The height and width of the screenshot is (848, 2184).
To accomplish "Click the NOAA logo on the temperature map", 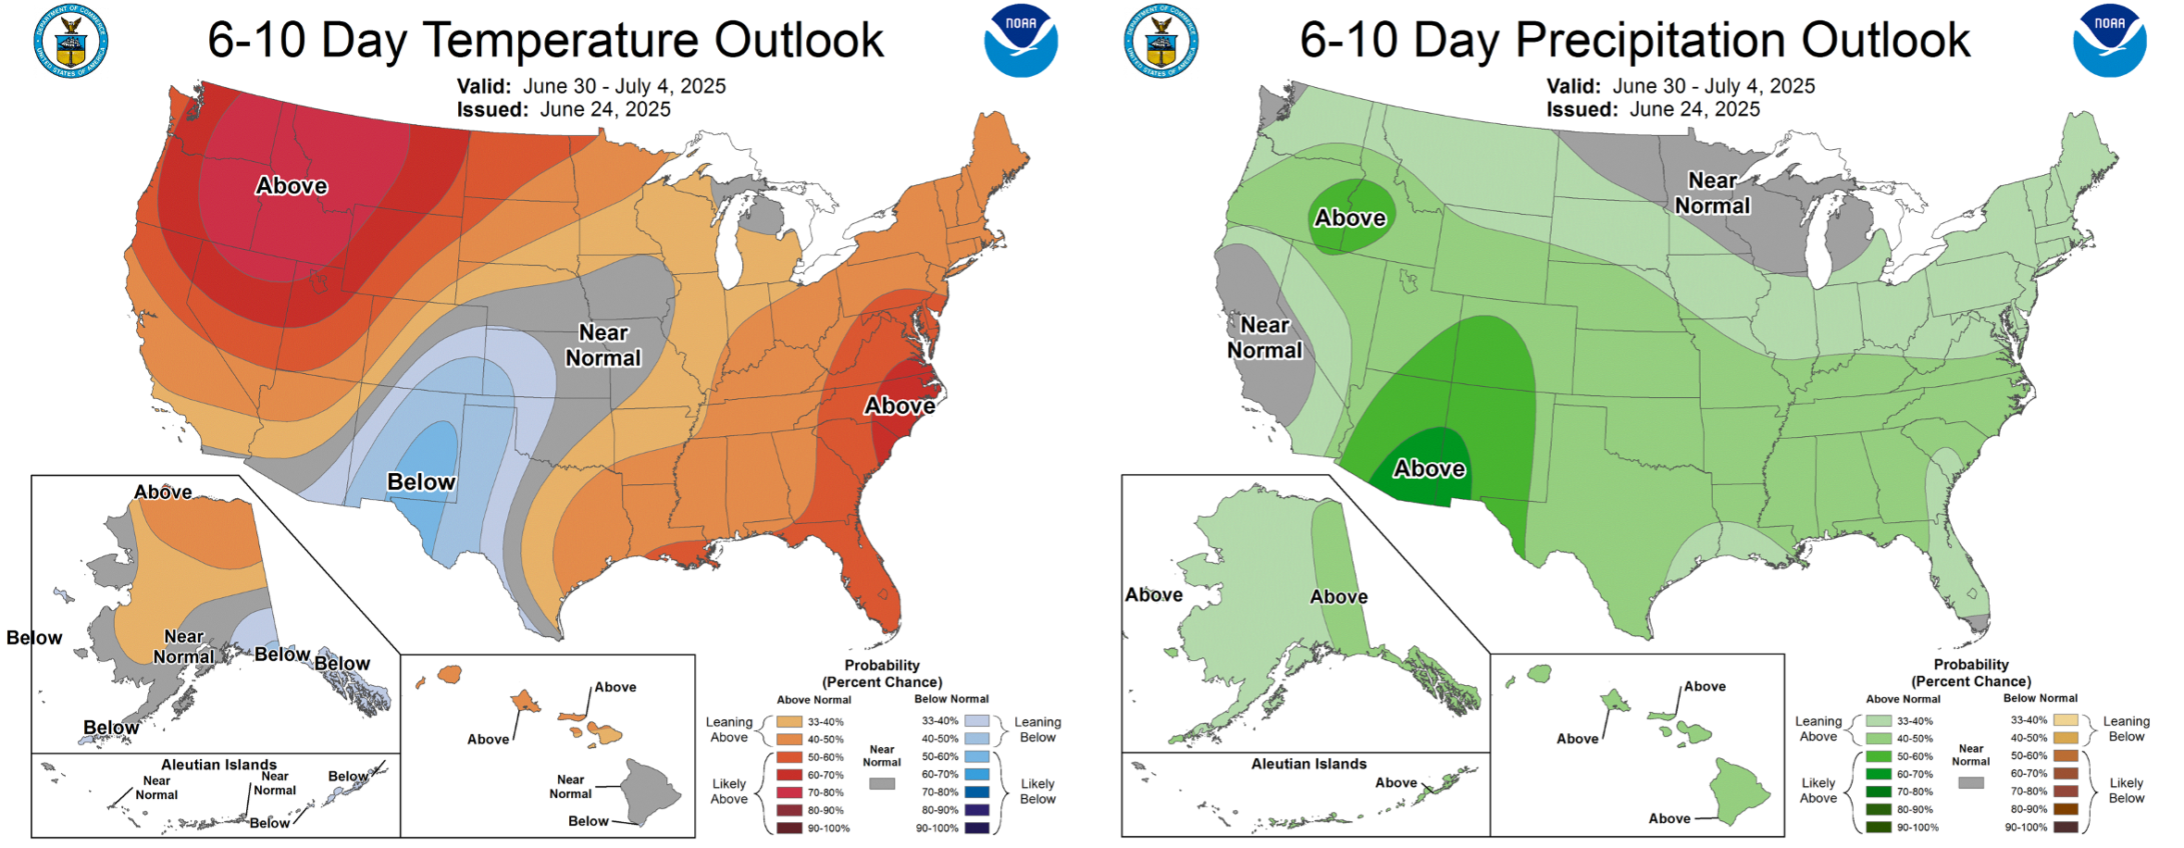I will pyautogui.click(x=1021, y=41).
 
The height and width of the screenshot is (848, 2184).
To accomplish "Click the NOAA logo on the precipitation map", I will pyautogui.click(x=2109, y=41).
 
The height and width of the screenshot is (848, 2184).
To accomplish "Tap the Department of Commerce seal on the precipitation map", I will pyautogui.click(x=1161, y=41).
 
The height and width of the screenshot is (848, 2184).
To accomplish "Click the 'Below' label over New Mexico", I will pyautogui.click(x=421, y=482).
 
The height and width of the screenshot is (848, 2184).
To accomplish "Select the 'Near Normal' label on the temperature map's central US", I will pyautogui.click(x=603, y=345).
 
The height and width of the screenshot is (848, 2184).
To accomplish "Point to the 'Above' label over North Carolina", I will pyautogui.click(x=900, y=406).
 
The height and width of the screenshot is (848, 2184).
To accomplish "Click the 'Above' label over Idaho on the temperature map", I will pyautogui.click(x=292, y=186).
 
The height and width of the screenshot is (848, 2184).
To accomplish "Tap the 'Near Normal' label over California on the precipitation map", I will pyautogui.click(x=1264, y=338).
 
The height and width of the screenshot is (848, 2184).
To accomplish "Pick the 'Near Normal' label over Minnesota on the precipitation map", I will pyautogui.click(x=1712, y=193).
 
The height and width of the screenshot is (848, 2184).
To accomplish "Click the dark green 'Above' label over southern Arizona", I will pyautogui.click(x=1429, y=469).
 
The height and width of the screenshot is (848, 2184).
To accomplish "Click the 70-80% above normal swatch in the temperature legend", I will pyautogui.click(x=789, y=792).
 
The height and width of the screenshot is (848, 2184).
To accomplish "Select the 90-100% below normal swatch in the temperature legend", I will pyautogui.click(x=977, y=828).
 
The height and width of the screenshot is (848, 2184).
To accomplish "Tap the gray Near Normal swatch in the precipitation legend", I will pyautogui.click(x=1971, y=782).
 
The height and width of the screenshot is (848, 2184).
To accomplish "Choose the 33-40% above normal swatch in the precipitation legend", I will pyautogui.click(x=1879, y=720).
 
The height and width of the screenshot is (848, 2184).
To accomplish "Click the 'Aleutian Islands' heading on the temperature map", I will pyautogui.click(x=218, y=765).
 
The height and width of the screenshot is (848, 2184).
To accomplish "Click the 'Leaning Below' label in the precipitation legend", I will pyautogui.click(x=2126, y=729).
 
